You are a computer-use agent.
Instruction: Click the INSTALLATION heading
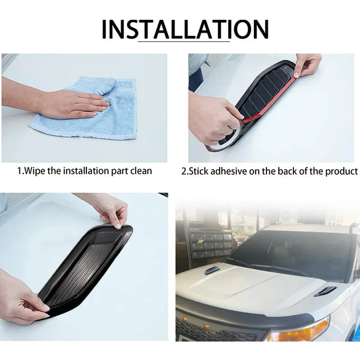click(x=185, y=29)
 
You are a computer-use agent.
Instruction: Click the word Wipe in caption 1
click(x=35, y=171)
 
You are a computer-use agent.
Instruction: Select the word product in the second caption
click(x=341, y=171)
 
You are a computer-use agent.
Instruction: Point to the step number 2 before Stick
click(x=184, y=171)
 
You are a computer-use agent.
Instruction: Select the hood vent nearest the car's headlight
click(x=325, y=291)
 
